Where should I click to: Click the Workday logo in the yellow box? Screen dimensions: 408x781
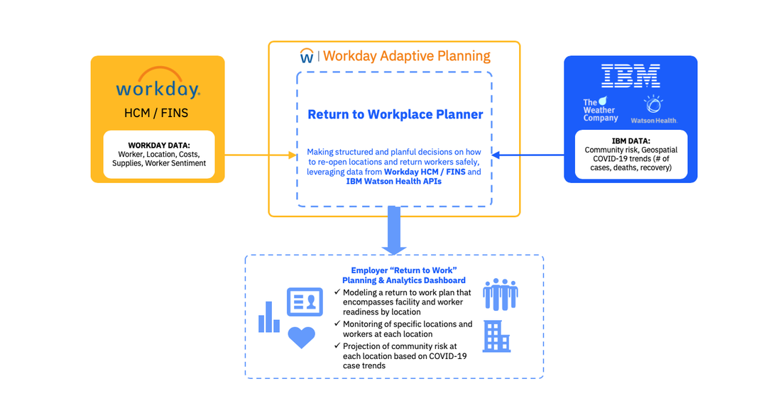[x=158, y=84]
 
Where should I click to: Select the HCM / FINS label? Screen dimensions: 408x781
[x=158, y=113]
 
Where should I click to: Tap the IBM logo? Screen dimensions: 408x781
[x=630, y=76]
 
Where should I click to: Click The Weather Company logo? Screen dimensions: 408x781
[x=601, y=110]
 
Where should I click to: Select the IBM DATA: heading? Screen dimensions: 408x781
[x=630, y=140]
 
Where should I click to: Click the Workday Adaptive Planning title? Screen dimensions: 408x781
[x=406, y=56]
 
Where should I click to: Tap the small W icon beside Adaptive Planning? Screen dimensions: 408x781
[x=307, y=56]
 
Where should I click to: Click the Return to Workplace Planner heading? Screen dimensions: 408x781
[x=395, y=114]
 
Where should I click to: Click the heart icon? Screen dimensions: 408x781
[x=301, y=337]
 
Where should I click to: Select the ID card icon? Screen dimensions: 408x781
[x=305, y=302]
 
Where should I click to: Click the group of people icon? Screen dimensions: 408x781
[x=500, y=294]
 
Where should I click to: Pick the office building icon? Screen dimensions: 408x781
[x=496, y=336]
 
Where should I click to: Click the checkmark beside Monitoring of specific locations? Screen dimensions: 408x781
[x=337, y=324]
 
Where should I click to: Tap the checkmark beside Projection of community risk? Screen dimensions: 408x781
[x=337, y=346]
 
